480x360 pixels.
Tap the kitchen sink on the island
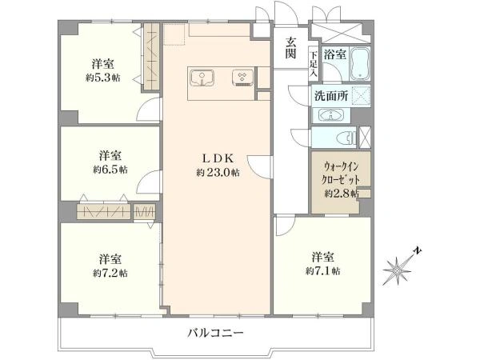[x=204, y=78]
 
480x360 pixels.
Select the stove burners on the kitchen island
[x=241, y=78]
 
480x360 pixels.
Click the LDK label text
[x=211, y=158]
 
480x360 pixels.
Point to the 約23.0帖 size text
[x=213, y=172]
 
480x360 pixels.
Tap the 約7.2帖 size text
[x=109, y=273]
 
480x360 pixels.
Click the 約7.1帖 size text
[x=322, y=271]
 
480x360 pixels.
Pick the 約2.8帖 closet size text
[x=341, y=194]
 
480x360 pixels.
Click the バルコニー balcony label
[x=216, y=332]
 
